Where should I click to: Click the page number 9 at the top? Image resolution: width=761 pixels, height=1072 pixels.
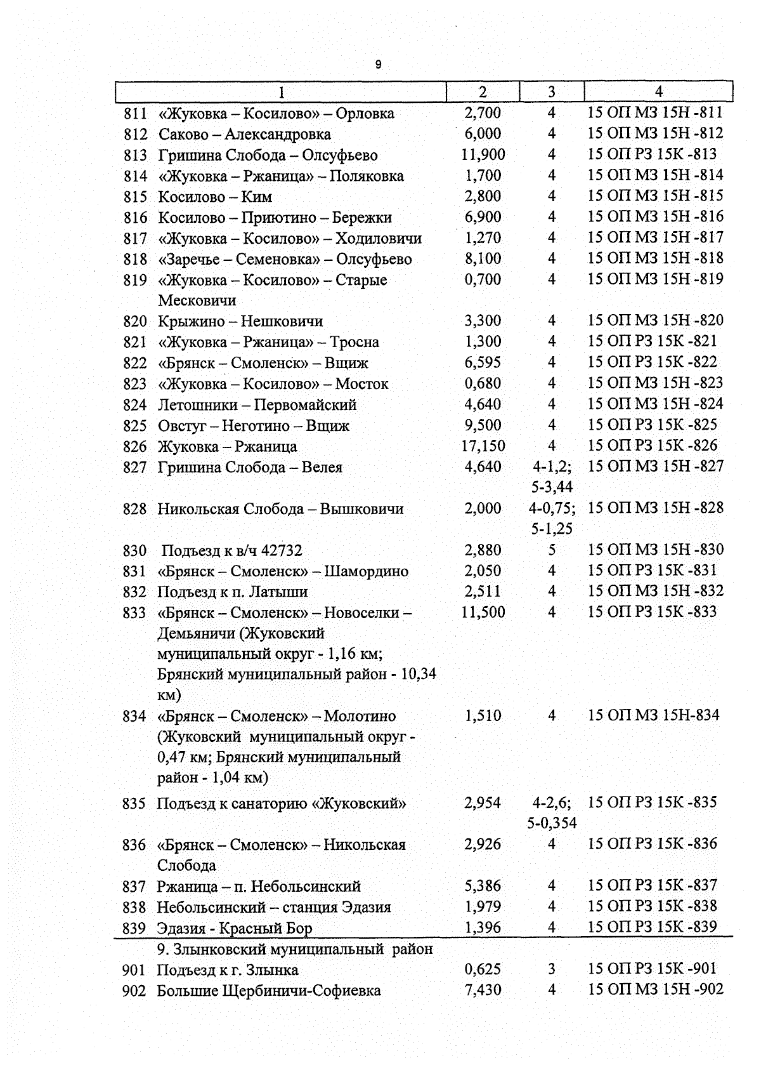pos(379,65)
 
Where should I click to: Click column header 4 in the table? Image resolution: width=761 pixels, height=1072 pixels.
pos(658,91)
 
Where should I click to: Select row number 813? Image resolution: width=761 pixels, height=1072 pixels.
pos(135,156)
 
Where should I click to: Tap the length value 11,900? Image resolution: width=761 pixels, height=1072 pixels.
pos(483,154)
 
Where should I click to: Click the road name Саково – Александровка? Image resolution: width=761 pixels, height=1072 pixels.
pos(244,135)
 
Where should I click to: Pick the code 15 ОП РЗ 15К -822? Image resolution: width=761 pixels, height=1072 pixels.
pos(653,362)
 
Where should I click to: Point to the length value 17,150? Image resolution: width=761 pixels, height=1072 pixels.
pos(483,446)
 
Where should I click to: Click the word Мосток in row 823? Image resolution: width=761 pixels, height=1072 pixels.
pos(362,384)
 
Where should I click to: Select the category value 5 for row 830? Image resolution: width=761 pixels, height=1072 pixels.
pos(552,550)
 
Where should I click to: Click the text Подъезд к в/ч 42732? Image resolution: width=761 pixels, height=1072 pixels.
pos(232,550)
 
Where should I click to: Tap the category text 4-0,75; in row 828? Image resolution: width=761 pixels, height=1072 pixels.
pos(552,508)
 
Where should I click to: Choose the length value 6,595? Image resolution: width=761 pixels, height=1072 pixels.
pos(483,362)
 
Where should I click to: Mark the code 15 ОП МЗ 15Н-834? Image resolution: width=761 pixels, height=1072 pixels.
pos(654,715)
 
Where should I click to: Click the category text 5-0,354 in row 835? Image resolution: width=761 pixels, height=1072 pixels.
pos(552,823)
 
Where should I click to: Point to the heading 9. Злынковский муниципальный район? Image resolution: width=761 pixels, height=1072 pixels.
pos(295,949)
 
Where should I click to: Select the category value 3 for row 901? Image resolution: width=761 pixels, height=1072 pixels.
pos(552,969)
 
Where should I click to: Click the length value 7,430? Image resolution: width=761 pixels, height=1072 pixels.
pos(483,989)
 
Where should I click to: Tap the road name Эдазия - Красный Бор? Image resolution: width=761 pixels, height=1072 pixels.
pos(235,929)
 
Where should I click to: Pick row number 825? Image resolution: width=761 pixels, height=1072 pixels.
pos(135,426)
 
